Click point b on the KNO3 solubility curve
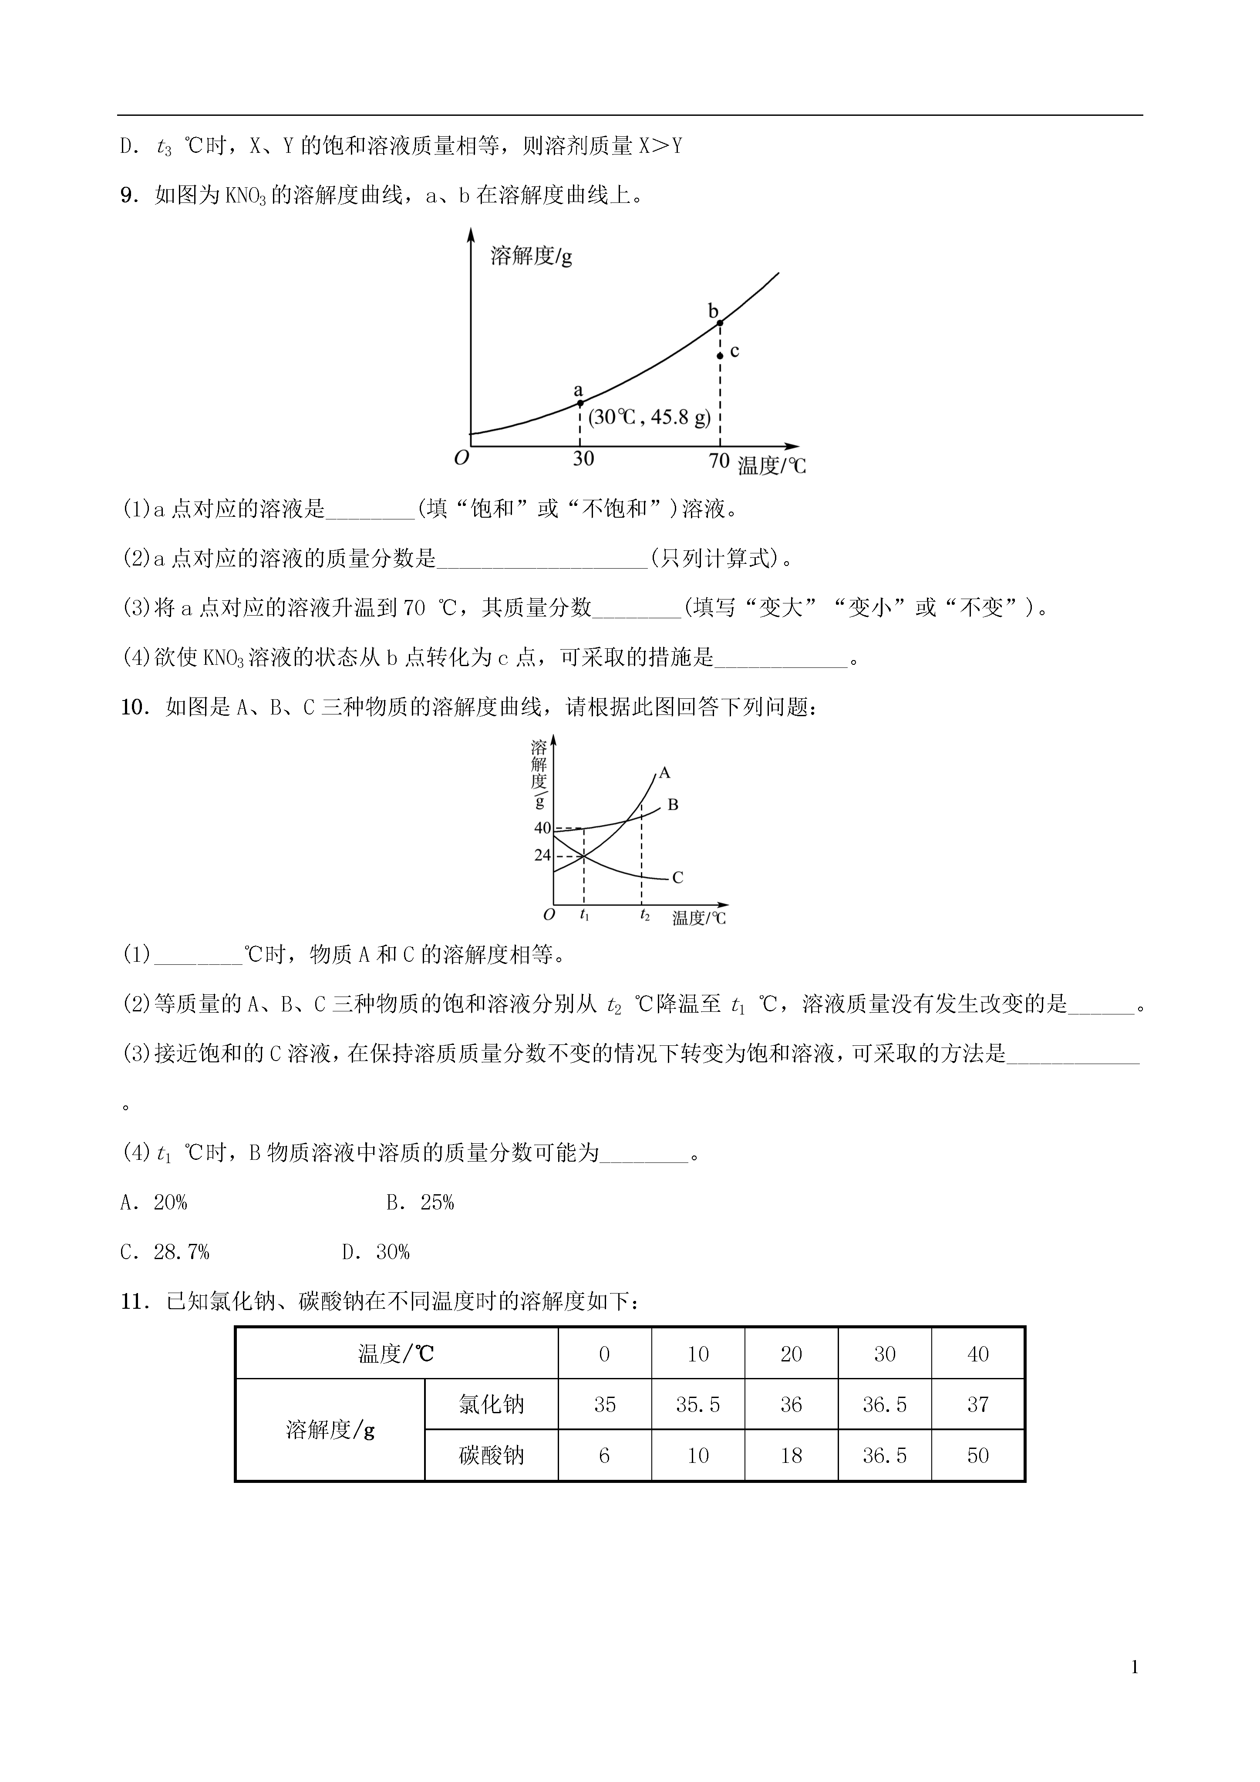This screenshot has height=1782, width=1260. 720,322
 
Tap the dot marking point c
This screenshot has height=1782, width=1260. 720,355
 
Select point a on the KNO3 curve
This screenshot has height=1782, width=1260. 580,403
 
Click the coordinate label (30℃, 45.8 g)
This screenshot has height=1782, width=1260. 649,418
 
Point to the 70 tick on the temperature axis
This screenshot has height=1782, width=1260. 719,460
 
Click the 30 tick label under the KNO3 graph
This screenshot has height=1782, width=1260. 583,459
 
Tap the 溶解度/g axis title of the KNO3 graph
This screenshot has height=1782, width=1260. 531,255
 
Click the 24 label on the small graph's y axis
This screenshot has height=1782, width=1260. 542,855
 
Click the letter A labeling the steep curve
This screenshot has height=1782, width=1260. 664,773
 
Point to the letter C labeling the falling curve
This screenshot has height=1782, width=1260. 677,878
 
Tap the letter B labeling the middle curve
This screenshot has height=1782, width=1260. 673,805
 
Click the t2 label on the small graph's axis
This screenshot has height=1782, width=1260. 644,915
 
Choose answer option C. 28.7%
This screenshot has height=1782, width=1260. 165,1252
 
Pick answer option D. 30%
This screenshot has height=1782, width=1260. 376,1252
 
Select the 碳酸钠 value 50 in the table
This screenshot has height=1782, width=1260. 977,1455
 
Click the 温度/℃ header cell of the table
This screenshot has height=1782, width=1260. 396,1354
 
